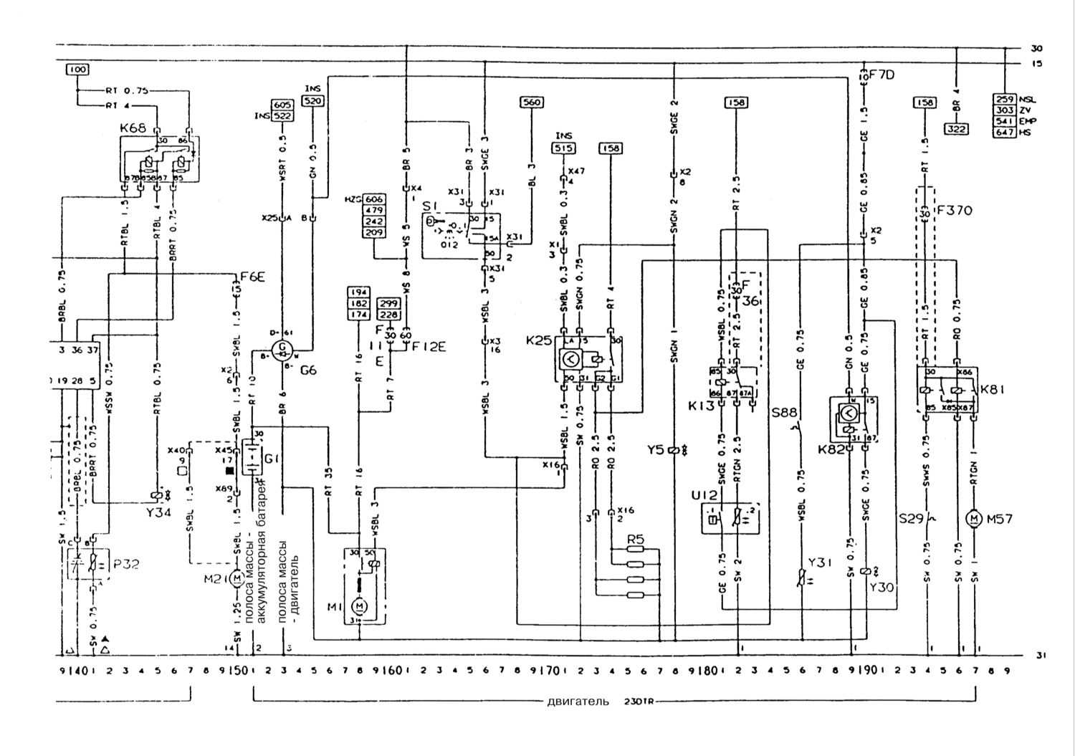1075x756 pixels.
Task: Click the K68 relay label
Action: [x=133, y=129]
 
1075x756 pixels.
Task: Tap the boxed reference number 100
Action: [x=77, y=70]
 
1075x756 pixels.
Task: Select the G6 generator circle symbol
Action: [x=285, y=349]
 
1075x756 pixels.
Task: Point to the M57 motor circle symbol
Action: [x=973, y=517]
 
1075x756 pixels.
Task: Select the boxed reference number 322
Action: [x=956, y=129]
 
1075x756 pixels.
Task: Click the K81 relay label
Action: [x=993, y=389]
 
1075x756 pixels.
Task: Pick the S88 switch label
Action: [x=785, y=413]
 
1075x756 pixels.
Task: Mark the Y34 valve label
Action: [x=156, y=514]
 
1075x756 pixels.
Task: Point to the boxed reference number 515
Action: [x=565, y=148]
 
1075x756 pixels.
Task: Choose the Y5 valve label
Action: [x=656, y=451]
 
